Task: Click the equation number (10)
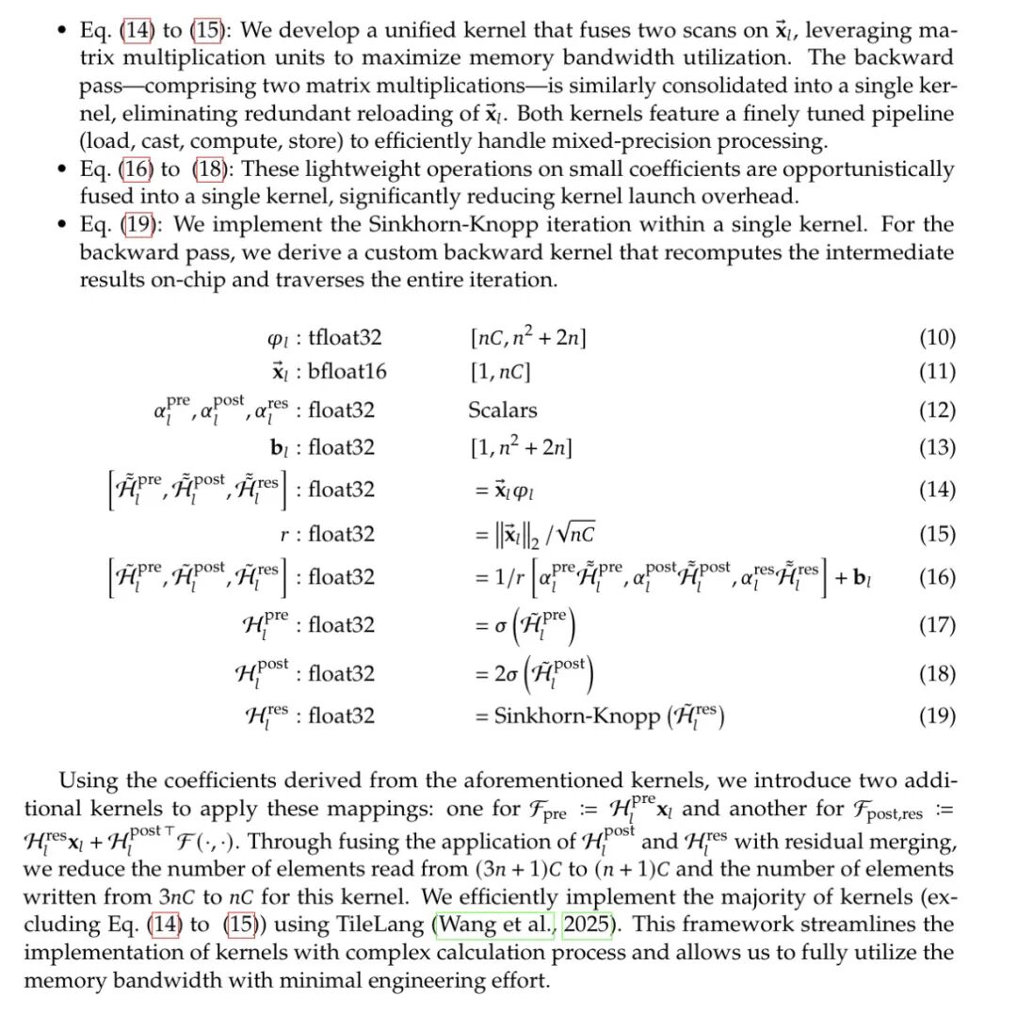[937, 338]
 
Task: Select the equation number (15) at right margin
[937, 535]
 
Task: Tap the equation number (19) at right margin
[937, 716]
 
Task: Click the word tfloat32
[346, 338]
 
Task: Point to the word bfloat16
[347, 371]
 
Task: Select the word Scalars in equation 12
[503, 410]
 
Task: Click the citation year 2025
[586, 925]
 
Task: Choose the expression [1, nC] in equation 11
[500, 371]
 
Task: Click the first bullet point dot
[62, 31]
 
